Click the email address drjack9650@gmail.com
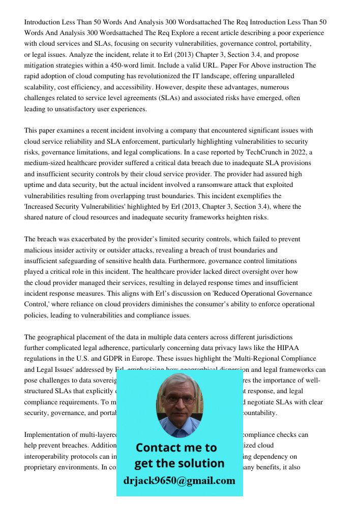click(179, 480)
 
